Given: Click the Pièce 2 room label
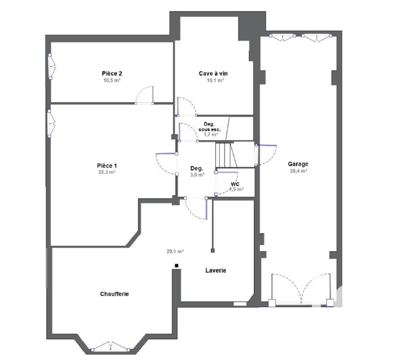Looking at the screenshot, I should [112, 74].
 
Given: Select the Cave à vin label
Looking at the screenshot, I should [213, 74].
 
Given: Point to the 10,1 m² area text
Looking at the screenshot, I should [213, 80].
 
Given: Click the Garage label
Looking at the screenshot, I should [298, 164].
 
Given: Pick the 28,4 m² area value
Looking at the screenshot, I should [298, 171].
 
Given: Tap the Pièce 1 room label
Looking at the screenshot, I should [107, 166].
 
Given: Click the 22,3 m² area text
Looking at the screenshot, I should [107, 173].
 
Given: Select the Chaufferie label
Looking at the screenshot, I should [114, 294].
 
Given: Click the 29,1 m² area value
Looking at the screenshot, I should [175, 251].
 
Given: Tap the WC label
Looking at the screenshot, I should [235, 184].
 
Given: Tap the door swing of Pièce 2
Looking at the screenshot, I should [146, 95].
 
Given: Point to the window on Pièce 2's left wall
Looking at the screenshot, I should [50, 65].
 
